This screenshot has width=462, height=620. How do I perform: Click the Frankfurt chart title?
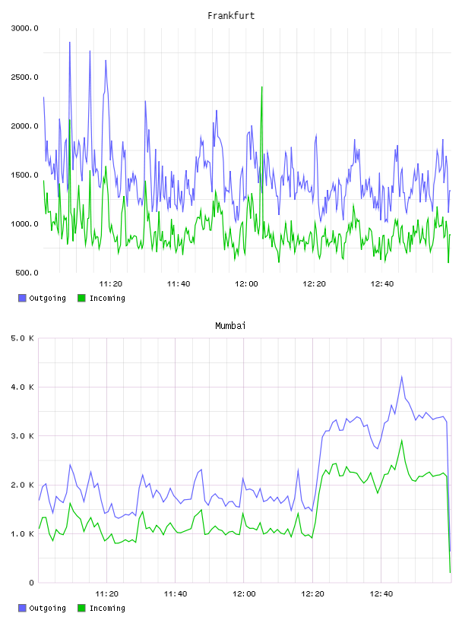(231, 16)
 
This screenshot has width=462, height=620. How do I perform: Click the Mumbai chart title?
(230, 326)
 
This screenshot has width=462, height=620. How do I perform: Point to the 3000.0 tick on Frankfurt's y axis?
(24, 28)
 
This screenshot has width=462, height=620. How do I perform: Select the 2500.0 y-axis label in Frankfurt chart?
(24, 77)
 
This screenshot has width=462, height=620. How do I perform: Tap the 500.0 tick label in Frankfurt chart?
(27, 273)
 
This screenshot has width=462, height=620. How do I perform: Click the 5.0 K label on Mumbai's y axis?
(22, 338)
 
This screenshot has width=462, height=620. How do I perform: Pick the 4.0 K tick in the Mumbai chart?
(22, 387)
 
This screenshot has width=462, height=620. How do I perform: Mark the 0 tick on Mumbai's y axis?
(32, 583)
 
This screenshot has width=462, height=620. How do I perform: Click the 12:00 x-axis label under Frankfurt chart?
(246, 284)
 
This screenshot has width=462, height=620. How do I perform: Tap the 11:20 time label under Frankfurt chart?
(110, 284)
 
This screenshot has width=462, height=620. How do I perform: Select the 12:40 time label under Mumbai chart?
(381, 594)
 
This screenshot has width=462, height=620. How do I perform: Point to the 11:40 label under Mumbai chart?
(176, 594)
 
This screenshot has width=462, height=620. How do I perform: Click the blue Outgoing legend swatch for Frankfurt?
(22, 298)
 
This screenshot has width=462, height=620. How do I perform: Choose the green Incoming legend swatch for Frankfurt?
(81, 298)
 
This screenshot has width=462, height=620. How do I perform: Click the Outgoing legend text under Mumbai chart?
(47, 609)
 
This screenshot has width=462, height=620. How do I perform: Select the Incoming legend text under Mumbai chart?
(107, 609)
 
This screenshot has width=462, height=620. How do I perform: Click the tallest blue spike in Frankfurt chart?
(70, 43)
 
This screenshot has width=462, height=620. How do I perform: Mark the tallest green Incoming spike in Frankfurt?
(262, 87)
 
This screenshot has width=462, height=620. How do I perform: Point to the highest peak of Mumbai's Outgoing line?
(401, 377)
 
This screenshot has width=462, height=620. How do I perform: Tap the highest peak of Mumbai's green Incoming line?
(401, 440)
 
